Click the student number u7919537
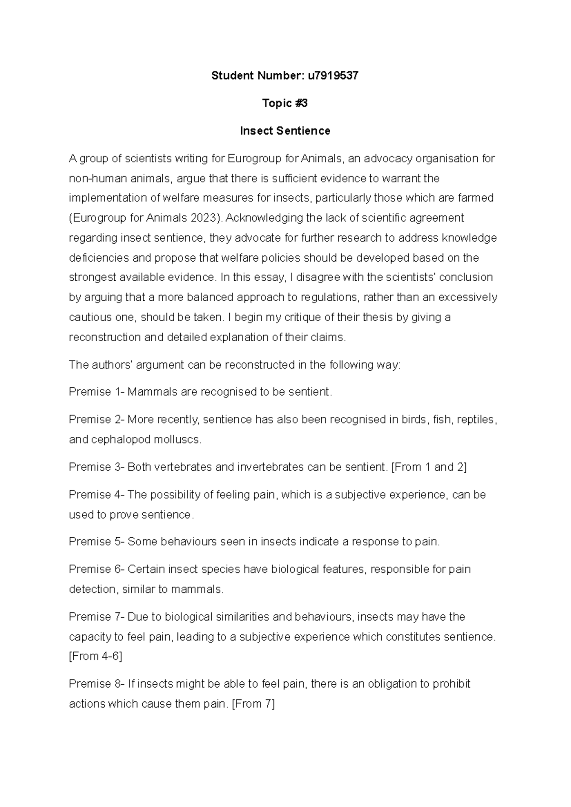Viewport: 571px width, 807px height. point(333,75)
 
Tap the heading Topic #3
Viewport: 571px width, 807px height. point(285,103)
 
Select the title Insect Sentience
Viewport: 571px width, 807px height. point(285,130)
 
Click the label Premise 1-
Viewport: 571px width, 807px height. point(97,392)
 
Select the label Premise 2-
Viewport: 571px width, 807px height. point(97,420)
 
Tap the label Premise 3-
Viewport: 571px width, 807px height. point(97,467)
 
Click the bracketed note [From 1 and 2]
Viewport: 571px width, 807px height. point(429,467)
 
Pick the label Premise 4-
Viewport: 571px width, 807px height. point(97,495)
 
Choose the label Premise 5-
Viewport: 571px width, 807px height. point(97,541)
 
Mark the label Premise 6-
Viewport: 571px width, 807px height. point(97,569)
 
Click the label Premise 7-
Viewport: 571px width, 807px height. point(97,617)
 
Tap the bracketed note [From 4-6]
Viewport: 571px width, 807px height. point(96,657)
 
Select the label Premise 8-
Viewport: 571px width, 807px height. point(97,684)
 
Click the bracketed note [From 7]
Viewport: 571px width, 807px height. point(253,704)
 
